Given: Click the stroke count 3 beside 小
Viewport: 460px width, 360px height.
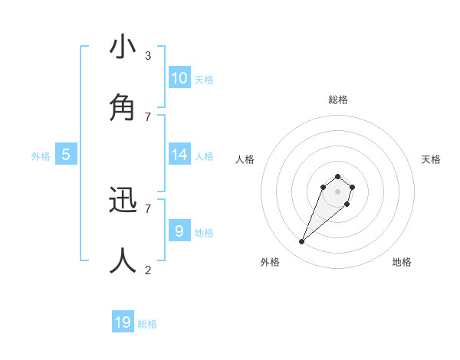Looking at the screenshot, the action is pyautogui.click(x=148, y=56).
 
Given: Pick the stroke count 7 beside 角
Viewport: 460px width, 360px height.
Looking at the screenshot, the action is pyautogui.click(x=148, y=116).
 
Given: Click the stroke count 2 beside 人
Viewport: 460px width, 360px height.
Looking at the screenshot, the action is pyautogui.click(x=148, y=270).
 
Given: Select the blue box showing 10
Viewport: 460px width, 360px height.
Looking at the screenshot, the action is pyautogui.click(x=179, y=78).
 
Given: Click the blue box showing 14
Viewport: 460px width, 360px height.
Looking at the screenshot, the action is pyautogui.click(x=179, y=155).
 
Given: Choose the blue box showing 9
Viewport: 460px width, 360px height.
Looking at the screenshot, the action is pyautogui.click(x=179, y=231).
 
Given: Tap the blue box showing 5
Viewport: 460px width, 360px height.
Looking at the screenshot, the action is pyautogui.click(x=66, y=155).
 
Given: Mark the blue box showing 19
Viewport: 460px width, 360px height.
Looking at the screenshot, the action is pyautogui.click(x=123, y=322).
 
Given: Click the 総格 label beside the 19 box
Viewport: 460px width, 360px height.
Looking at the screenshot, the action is pyautogui.click(x=147, y=324).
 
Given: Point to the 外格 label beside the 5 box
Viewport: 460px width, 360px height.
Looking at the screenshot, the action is pyautogui.click(x=41, y=156).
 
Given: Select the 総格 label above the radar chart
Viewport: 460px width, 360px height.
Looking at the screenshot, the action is pyautogui.click(x=337, y=100).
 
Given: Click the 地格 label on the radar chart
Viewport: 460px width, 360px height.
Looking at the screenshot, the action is pyautogui.click(x=402, y=262).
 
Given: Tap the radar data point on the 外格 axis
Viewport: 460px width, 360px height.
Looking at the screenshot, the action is pyautogui.click(x=302, y=242).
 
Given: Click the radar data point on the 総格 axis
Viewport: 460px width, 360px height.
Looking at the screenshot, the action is pyautogui.click(x=337, y=176).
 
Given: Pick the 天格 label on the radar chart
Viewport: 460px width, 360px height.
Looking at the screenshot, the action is pyautogui.click(x=431, y=159).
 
